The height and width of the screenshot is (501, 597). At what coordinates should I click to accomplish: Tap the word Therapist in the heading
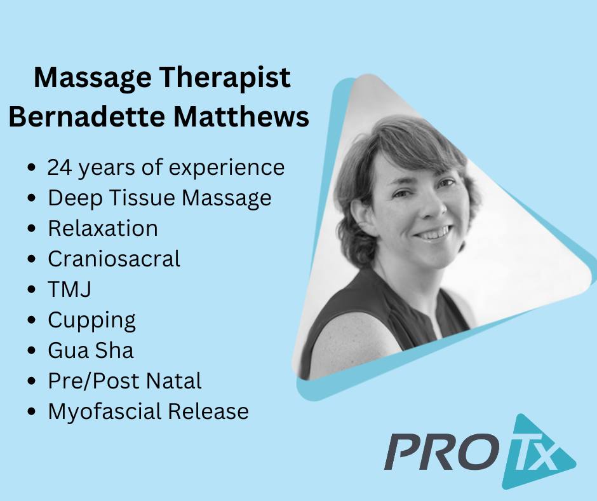(x=225, y=78)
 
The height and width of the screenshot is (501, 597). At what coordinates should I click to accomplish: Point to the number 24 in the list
(x=60, y=167)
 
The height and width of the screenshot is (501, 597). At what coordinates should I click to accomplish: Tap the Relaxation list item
(x=103, y=228)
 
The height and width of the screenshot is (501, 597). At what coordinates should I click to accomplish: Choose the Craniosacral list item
(x=114, y=259)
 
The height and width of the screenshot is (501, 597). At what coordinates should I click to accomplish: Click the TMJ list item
(x=69, y=289)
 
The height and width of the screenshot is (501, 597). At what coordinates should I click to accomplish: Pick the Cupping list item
(x=91, y=320)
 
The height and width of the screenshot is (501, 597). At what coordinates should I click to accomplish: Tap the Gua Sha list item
(x=91, y=350)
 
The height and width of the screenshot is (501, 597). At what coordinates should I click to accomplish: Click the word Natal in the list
(x=174, y=381)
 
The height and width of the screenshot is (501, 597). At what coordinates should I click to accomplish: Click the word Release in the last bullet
(x=209, y=411)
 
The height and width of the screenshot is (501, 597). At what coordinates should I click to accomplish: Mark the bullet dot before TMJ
(x=32, y=289)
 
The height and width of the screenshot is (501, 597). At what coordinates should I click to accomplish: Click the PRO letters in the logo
(x=443, y=453)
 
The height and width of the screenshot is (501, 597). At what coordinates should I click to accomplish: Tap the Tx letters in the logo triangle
(x=533, y=455)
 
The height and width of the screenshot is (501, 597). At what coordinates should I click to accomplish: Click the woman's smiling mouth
(x=433, y=233)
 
